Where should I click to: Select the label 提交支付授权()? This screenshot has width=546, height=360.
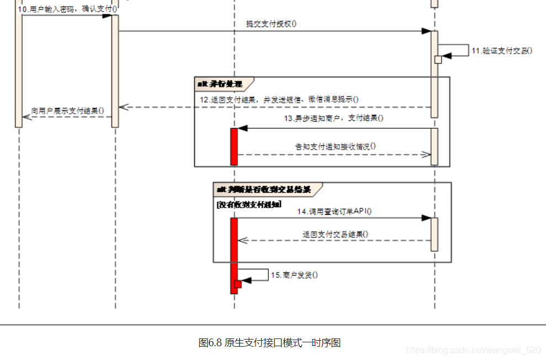[271, 24]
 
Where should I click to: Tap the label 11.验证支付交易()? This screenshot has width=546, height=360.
[501, 51]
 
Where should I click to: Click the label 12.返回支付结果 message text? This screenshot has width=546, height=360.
[279, 99]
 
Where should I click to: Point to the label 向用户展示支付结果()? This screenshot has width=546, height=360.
[67, 110]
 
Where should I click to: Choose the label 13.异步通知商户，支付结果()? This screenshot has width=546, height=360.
[333, 118]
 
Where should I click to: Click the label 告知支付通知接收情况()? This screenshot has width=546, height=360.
[335, 146]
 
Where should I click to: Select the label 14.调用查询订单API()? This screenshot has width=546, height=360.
[335, 211]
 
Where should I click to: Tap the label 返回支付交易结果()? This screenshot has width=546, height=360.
[335, 234]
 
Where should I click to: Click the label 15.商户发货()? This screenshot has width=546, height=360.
[294, 274]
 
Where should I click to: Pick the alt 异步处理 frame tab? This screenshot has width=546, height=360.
[221, 84]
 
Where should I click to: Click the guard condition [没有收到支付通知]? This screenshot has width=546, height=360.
[249, 204]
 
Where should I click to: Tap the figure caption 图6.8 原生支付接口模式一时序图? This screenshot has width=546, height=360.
[269, 343]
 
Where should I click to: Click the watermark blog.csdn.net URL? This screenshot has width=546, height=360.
[473, 350]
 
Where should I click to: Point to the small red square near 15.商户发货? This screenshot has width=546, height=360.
[238, 284]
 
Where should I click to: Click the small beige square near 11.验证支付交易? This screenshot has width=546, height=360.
[438, 60]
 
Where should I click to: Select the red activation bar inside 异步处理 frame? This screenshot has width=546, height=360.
[234, 146]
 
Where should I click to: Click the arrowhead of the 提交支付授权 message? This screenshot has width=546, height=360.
[427, 31]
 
